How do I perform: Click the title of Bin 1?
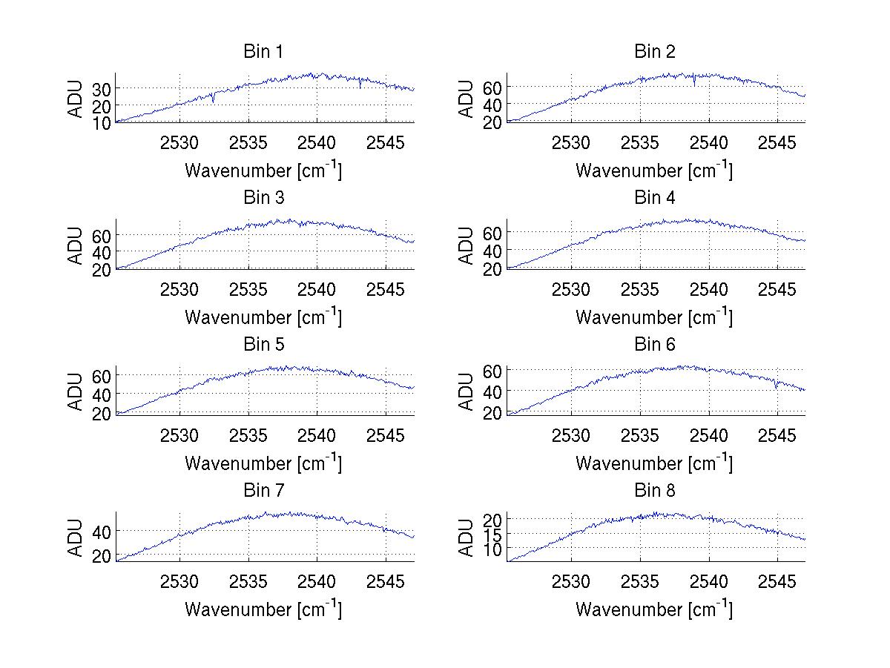click(263, 52)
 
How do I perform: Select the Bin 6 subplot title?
click(655, 345)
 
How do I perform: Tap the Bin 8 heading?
click(655, 491)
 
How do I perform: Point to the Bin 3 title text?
click(263, 198)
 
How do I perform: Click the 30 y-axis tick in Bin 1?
click(102, 88)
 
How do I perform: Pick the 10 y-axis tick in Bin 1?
click(102, 123)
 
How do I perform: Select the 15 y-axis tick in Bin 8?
click(492, 534)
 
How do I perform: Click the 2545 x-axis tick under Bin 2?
click(777, 142)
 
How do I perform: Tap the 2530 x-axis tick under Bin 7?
click(179, 581)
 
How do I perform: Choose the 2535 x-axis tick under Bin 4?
click(640, 288)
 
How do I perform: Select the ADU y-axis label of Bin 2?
click(467, 99)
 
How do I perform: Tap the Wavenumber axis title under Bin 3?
click(263, 317)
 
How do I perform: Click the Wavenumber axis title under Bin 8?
click(654, 609)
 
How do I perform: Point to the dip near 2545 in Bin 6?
click(776, 386)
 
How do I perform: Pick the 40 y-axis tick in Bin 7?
click(102, 532)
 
